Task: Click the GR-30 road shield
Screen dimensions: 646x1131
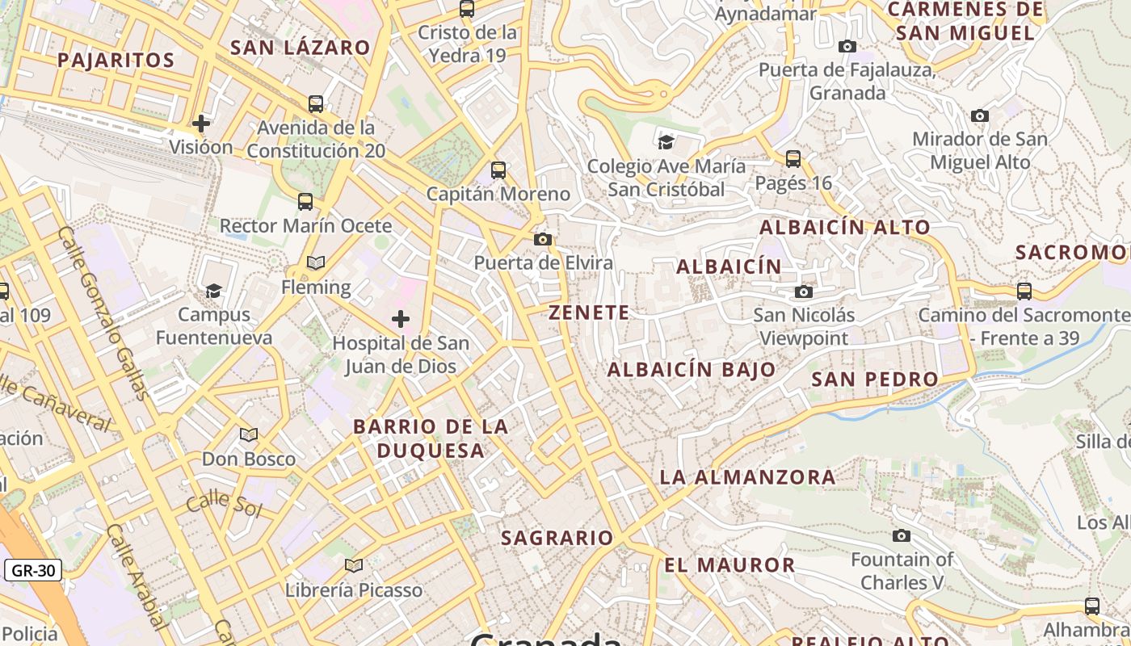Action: [x=33, y=571]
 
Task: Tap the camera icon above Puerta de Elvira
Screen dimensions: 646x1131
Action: [x=543, y=239]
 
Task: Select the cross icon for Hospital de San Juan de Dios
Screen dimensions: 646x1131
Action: [x=400, y=319]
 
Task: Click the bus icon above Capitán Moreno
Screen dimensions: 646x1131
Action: [x=498, y=170]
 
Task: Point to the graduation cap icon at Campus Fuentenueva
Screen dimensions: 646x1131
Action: [x=213, y=291]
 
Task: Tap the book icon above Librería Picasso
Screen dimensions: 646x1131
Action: [x=353, y=565]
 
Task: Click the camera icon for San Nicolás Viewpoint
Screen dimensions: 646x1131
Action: [x=803, y=292]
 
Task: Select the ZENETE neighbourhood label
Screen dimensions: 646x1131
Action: [x=589, y=313]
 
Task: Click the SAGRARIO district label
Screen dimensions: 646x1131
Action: [x=557, y=538]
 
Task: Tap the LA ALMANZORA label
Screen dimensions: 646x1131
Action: [x=748, y=477]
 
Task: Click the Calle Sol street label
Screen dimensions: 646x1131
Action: [x=224, y=504]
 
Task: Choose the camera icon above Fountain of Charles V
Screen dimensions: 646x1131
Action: [x=901, y=535]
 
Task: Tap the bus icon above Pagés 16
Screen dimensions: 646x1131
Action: [x=793, y=159]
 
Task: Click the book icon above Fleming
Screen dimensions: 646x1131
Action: [x=315, y=263]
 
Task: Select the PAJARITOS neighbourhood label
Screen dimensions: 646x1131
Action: [x=116, y=60]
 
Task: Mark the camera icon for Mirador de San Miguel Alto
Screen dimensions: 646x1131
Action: [x=980, y=116]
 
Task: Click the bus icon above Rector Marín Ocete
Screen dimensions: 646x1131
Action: [x=305, y=202]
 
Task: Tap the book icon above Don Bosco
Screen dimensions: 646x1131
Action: [x=249, y=435]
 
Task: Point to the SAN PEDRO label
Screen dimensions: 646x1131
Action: [x=875, y=380]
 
